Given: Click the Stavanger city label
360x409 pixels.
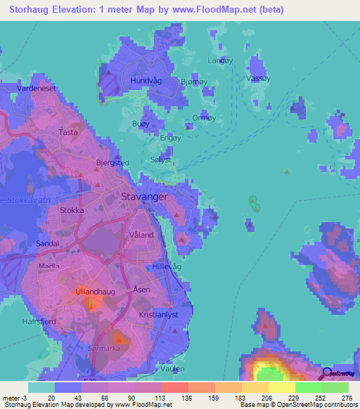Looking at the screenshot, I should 145,197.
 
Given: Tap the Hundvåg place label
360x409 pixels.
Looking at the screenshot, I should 145,81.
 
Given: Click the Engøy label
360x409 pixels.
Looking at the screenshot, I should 171,138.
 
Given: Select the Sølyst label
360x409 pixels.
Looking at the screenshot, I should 161,160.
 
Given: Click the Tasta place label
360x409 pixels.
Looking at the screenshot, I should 68,132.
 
